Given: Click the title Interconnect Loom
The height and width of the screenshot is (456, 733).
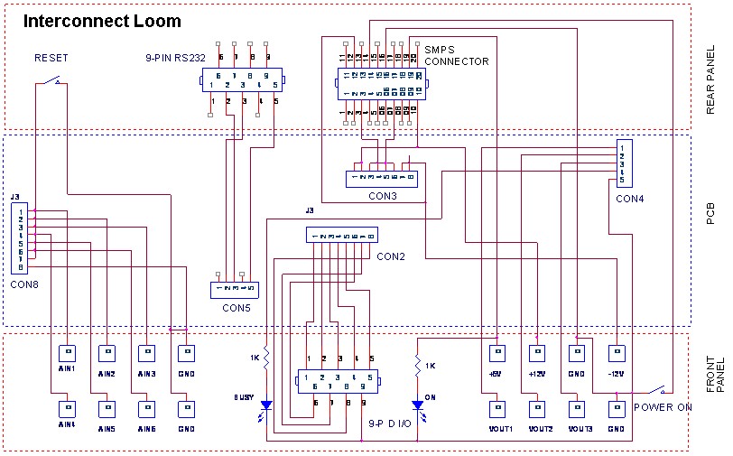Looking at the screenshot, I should click(101, 21).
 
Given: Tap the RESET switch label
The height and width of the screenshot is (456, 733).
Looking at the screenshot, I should click(51, 58).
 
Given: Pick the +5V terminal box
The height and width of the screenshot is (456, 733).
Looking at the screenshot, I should click(496, 351).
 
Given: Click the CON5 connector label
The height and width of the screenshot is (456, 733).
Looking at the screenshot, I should click(237, 308).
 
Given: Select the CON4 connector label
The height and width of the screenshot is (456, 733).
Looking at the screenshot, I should click(630, 198).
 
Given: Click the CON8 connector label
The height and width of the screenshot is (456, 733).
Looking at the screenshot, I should click(23, 284).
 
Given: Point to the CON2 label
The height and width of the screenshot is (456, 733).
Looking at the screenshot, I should click(391, 256).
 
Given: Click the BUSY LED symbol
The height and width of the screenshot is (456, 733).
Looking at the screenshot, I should click(266, 406).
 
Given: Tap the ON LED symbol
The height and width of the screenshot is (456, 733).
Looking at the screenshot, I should click(417, 406).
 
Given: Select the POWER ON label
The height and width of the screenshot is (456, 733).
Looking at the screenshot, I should click(662, 407).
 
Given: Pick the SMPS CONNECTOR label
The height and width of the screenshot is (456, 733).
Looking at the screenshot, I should click(456, 56).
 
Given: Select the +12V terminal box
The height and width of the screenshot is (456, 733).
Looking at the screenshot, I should click(538, 351).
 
